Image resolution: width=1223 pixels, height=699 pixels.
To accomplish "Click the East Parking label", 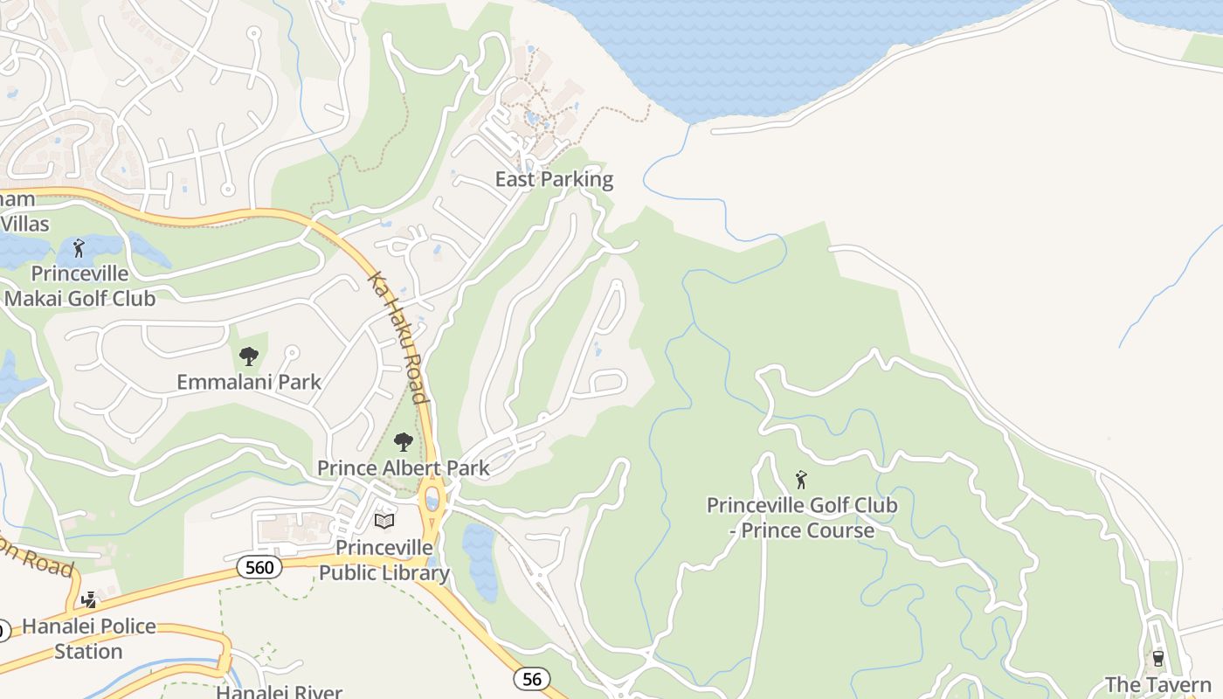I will coord(554,180).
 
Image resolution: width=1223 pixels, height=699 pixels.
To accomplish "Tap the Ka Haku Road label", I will coord(398,337).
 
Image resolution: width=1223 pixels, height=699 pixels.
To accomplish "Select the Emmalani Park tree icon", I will coord(249,356).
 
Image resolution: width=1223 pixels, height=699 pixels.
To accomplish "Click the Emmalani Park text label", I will coord(249,382).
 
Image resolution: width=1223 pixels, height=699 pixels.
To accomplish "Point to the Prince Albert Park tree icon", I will coord(403,441).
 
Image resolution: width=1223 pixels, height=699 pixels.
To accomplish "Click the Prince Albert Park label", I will coord(403,468).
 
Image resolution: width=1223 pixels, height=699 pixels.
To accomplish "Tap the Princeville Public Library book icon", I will coord(384,521).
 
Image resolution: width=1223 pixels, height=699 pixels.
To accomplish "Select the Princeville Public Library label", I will coord(384,560).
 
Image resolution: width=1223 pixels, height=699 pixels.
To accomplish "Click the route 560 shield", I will coord(259,568).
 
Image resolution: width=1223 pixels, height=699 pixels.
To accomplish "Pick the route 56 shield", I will coord(531,678).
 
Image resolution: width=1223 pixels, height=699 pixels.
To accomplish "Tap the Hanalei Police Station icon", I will coord(88,600).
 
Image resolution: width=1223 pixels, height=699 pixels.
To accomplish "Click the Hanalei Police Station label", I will coord(88,639).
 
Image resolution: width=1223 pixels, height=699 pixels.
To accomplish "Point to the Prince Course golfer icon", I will coord(801,479).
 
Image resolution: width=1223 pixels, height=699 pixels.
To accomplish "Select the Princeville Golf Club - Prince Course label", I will coord(802,517).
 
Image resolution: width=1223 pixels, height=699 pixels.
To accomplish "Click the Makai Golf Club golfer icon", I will coord(79,248).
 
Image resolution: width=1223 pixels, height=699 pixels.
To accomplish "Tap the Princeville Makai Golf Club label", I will coord(80,286).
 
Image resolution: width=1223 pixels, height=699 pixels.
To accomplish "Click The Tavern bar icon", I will coord(1158,657).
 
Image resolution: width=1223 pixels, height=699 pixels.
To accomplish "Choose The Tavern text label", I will coord(1157,684).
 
